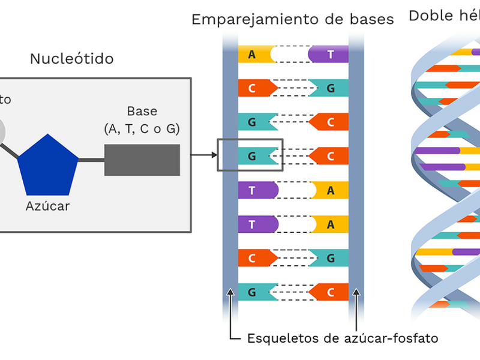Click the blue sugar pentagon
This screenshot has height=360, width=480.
(48, 164)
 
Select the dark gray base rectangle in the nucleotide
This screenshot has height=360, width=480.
(142, 160)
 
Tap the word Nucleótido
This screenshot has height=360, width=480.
(71, 59)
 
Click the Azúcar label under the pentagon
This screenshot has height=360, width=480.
(47, 206)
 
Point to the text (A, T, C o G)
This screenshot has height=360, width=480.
(142, 128)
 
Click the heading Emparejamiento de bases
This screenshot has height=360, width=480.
(292, 20)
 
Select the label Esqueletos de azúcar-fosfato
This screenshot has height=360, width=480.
(343, 338)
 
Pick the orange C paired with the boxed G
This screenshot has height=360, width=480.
(329, 156)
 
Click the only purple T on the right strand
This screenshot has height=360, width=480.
(329, 55)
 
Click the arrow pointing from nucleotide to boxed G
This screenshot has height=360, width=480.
(204, 155)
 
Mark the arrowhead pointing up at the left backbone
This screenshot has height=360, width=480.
(230, 294)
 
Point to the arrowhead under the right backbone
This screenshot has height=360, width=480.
(356, 294)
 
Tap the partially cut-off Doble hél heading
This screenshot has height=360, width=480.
(444, 16)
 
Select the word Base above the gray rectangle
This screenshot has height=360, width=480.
(142, 112)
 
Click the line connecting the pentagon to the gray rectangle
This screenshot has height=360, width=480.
(91, 160)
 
